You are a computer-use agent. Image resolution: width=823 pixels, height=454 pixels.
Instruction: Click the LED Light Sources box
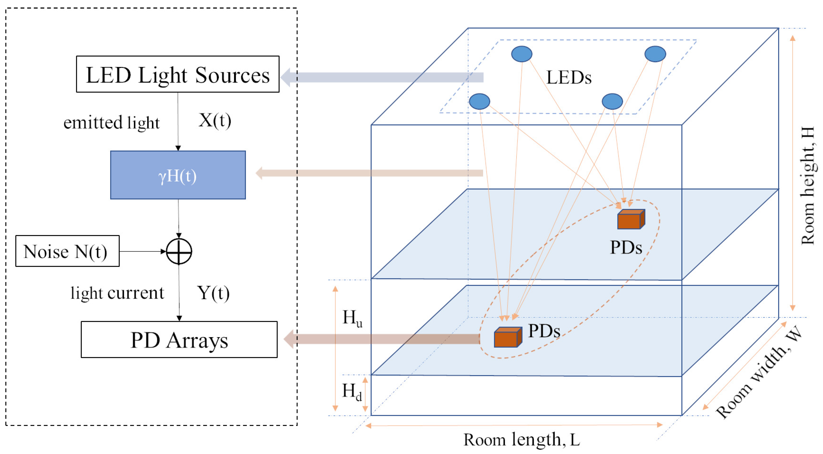[178, 74]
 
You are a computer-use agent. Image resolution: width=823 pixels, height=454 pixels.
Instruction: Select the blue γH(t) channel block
[178, 175]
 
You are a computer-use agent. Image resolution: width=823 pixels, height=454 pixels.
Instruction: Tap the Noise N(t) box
[67, 251]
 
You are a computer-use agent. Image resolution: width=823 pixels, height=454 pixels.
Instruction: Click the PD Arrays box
[179, 340]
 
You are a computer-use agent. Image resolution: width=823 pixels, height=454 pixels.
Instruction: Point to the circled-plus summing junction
[179, 252]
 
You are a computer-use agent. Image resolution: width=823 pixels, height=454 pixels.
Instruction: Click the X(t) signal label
[215, 121]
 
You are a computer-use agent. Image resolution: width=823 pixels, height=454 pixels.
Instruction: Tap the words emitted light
[111, 122]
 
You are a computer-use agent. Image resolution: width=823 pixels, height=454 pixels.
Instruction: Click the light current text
[117, 293]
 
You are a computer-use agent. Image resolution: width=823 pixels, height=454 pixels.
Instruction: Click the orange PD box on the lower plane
[507, 337]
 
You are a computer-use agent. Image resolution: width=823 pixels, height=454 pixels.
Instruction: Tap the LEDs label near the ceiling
[569, 78]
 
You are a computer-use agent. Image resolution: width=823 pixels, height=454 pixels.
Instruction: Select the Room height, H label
[808, 186]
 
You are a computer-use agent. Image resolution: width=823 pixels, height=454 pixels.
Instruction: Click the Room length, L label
[521, 440]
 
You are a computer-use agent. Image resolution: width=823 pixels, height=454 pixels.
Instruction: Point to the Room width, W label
[759, 372]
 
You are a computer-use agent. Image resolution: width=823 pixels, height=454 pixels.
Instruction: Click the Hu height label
[352, 318]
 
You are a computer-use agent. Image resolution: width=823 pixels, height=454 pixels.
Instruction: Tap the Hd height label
[352, 392]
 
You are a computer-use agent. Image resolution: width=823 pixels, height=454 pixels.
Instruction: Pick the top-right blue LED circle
[655, 54]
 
